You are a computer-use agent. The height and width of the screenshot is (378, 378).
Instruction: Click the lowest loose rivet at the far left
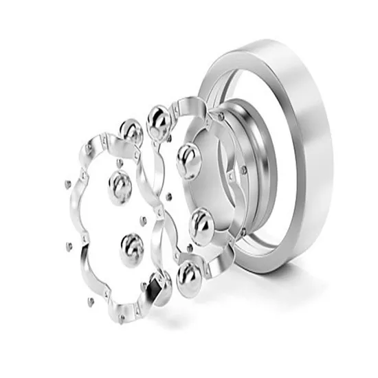pos(89,302)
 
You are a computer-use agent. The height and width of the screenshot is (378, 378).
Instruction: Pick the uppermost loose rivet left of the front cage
pos(67,184)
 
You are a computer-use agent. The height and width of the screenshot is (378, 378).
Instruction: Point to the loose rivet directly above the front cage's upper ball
pos(118,162)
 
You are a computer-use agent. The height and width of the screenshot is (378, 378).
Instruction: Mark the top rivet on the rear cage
pos(218,116)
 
